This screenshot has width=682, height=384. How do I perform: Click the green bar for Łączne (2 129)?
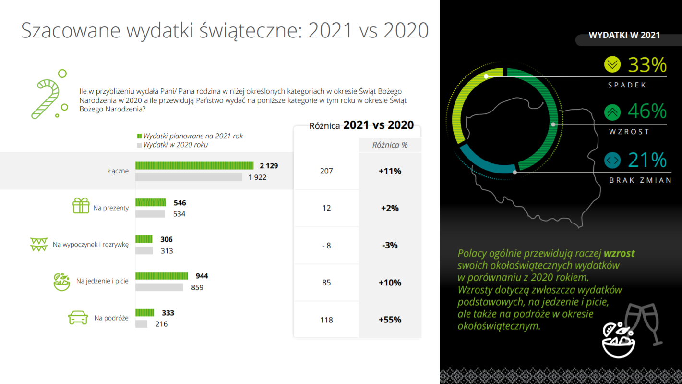point(194,166)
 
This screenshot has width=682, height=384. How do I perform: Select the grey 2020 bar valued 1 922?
point(189,177)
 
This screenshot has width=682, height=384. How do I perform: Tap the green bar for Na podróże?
point(144,313)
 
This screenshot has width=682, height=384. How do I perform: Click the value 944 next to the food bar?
point(202,276)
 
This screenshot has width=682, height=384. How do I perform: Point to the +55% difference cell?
point(390,320)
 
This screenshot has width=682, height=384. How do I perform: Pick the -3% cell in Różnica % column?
point(390,245)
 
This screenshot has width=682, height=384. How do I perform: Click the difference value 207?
point(326,171)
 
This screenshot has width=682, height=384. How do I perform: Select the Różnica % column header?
point(390,145)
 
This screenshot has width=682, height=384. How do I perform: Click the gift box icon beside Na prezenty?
point(81,206)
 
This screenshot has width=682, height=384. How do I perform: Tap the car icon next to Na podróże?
point(78,318)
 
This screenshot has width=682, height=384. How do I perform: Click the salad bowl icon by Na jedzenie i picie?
point(62,282)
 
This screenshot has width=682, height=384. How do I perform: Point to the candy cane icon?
point(46,98)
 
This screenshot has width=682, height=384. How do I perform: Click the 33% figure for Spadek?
point(647,65)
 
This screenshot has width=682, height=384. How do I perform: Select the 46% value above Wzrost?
point(647,112)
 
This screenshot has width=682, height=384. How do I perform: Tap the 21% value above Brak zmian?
point(647,160)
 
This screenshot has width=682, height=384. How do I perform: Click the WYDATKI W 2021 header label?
point(624,35)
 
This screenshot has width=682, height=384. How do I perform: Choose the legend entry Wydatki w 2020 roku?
point(175,145)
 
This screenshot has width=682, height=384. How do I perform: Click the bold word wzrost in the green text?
point(619,253)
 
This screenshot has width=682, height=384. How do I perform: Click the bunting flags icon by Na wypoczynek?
point(38,244)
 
